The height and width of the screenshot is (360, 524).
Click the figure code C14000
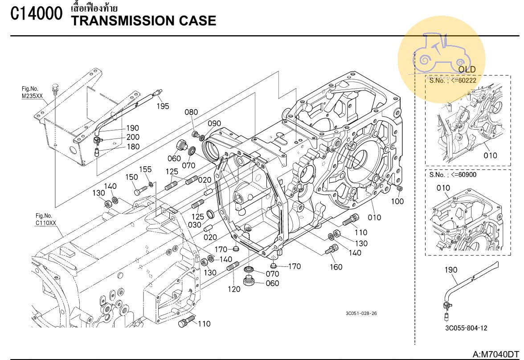[x=37, y=14]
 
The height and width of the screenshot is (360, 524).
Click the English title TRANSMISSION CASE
[x=143, y=20]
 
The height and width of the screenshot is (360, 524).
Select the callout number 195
[x=163, y=106]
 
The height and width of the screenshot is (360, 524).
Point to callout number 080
[x=191, y=112]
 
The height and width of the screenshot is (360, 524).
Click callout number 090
[x=214, y=123]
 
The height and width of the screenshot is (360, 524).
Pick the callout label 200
[x=133, y=137]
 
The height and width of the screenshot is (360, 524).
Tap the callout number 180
[x=133, y=147]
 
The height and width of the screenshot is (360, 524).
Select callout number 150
[x=131, y=177]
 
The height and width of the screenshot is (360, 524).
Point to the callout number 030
[x=195, y=225]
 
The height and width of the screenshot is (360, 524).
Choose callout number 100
[x=397, y=201]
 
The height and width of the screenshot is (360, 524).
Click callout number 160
[x=336, y=267]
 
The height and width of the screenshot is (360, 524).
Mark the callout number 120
[x=233, y=289]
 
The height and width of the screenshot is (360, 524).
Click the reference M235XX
[x=33, y=96]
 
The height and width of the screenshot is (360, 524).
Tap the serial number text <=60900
[x=464, y=175]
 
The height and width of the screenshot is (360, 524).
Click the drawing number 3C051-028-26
[x=361, y=313]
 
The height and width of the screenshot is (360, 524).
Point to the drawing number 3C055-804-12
[x=466, y=328]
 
